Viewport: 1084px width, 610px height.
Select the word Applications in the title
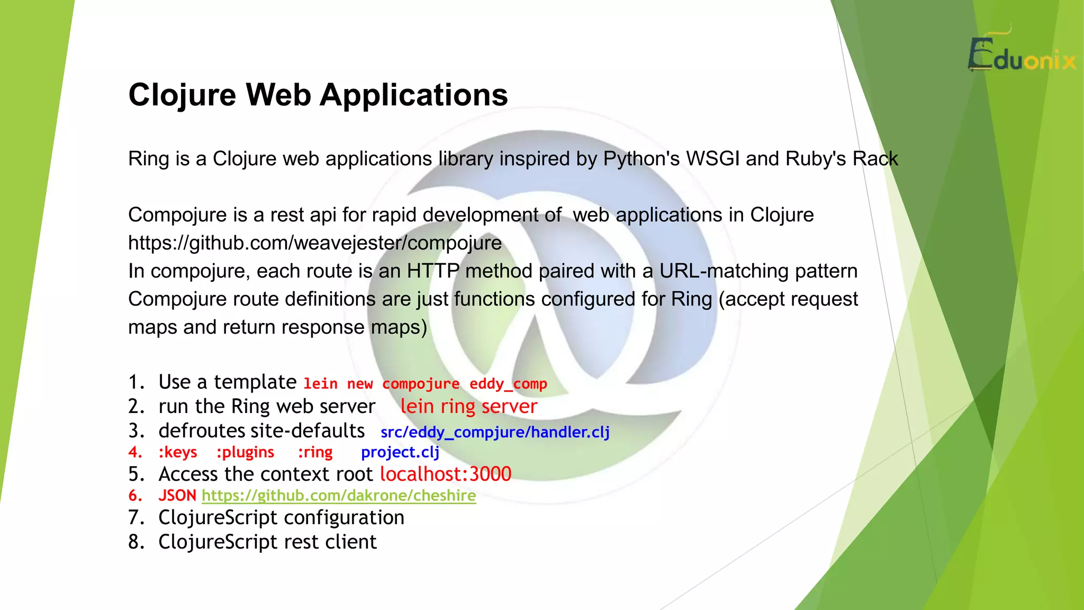(x=413, y=95)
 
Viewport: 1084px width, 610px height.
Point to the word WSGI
(x=712, y=159)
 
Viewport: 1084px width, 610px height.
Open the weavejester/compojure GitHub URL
(x=315, y=243)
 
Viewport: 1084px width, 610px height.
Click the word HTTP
(x=433, y=271)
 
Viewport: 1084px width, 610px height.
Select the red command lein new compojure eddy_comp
(x=425, y=384)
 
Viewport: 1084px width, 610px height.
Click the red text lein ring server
(x=468, y=407)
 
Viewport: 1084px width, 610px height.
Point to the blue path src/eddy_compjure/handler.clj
(x=495, y=432)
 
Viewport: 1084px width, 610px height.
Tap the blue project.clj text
(x=400, y=452)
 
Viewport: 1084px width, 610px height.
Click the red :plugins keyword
(x=245, y=452)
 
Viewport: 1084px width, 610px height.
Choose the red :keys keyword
(x=177, y=452)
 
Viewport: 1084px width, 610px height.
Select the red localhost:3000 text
(x=446, y=474)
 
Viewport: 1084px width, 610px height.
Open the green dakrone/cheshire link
(x=339, y=496)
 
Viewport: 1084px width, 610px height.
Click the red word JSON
(x=177, y=496)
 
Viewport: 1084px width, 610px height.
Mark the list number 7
(x=136, y=518)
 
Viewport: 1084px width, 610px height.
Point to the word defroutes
(x=202, y=431)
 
